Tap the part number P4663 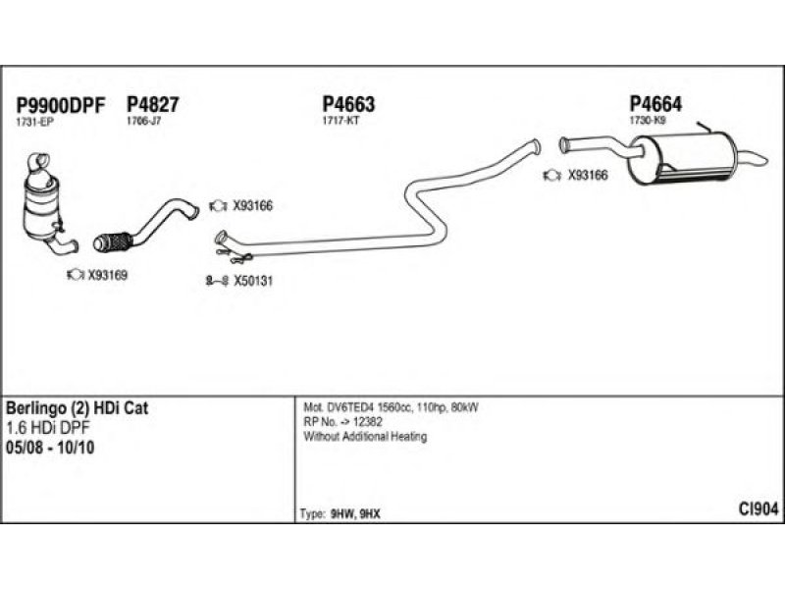348,105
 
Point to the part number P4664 655,104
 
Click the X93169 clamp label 107,276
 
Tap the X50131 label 252,281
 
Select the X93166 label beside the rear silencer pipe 588,176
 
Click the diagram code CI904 759,509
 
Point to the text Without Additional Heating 365,437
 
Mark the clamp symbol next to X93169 74,276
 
